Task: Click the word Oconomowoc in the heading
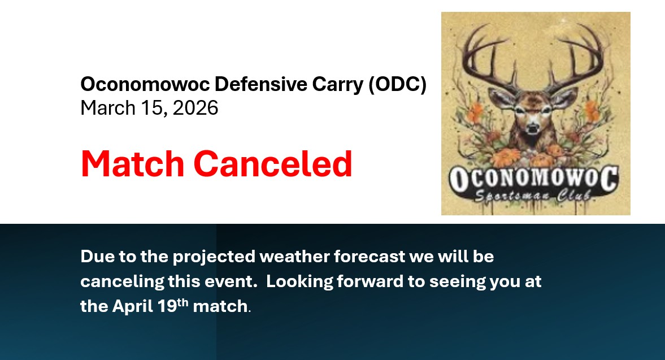coord(145,84)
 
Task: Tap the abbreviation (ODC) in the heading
coord(397,84)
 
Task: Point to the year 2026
coord(195,108)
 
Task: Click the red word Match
coord(132,164)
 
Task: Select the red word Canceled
coord(273,164)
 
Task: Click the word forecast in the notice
coord(370,257)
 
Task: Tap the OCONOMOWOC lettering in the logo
coord(533,179)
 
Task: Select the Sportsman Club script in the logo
coord(533,196)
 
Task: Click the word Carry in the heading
coord(338,85)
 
